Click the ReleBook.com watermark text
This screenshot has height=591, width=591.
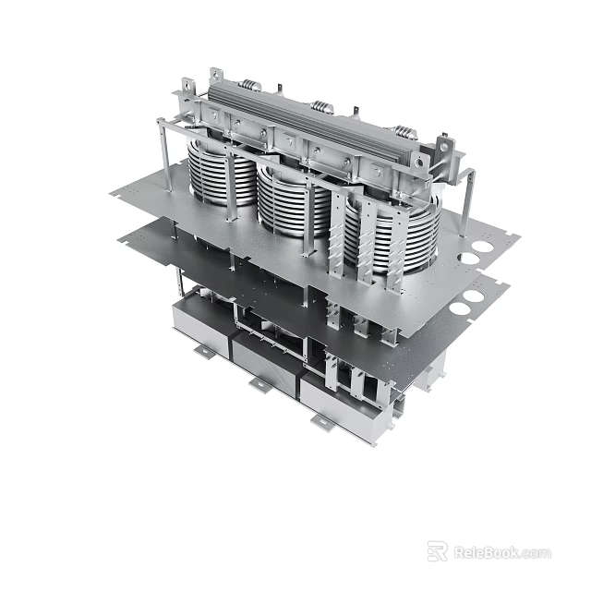tap(502, 552)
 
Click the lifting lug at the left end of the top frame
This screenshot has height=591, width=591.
tap(216, 78)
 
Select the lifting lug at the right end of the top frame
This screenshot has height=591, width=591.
tap(447, 147)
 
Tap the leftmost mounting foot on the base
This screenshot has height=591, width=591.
tap(200, 352)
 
